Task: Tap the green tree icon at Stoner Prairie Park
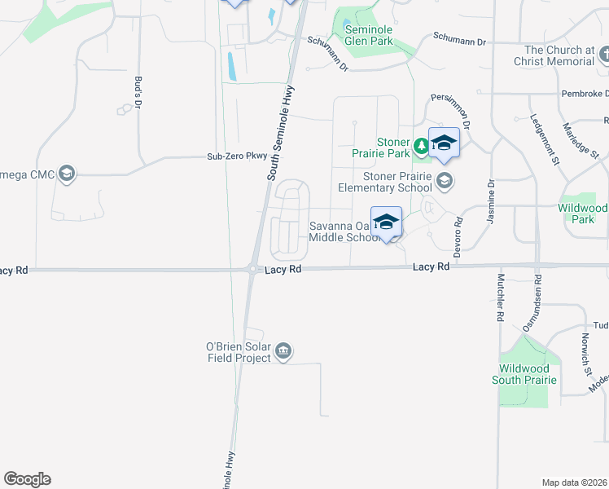pos(421,148)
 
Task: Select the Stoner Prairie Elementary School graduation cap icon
pos(445,179)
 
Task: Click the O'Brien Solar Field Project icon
pos(283,351)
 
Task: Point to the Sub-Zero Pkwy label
pos(237,156)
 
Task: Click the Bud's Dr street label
pos(138,93)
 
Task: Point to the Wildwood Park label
pos(585,214)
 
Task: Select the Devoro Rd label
pos(458,232)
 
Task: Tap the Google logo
pos(27,479)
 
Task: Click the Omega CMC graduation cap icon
pos(67,174)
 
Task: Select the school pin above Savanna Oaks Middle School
pos(387,222)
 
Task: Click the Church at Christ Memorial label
pos(560,55)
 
